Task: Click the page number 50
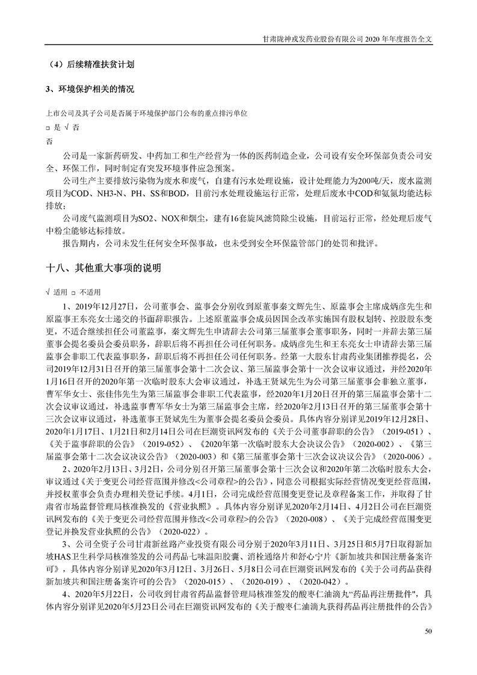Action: pyautogui.click(x=428, y=630)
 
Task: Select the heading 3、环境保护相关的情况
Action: pyautogui.click(x=90, y=90)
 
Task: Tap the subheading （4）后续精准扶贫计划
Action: pyautogui.click(x=92, y=63)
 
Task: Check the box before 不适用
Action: pyautogui.click(x=73, y=292)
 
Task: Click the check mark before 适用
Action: pyautogui.click(x=48, y=292)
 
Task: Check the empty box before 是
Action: pyautogui.click(x=48, y=128)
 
